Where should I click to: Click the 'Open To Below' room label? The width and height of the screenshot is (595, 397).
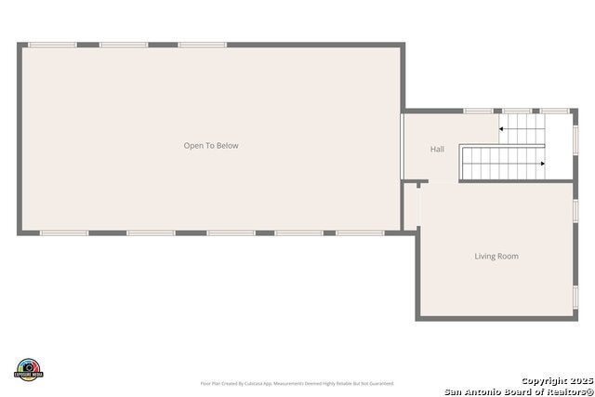coord(211,145)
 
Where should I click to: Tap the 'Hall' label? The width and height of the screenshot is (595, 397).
coord(437,149)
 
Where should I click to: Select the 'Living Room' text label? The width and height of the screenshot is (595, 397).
coord(496,256)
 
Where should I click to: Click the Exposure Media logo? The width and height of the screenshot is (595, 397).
coord(29,369)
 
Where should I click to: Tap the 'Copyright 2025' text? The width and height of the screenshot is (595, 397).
coord(556,380)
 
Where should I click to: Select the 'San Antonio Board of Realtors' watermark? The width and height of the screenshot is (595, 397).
coord(519,390)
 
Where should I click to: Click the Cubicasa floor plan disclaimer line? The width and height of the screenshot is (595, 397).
coord(297,383)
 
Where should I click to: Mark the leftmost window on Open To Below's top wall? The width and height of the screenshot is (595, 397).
coord(52,45)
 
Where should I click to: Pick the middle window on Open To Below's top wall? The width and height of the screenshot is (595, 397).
coord(124,45)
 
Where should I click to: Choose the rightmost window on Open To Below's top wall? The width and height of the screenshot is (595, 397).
coord(203,45)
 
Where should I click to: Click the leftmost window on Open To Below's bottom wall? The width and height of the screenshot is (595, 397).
coord(64,232)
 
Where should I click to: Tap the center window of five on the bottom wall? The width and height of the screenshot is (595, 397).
coord(231,232)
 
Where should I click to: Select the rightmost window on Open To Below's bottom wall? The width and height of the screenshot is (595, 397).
coord(360,232)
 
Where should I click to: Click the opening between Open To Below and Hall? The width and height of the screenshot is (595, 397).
coord(402,145)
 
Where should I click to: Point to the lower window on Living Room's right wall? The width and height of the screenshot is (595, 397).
coord(575,297)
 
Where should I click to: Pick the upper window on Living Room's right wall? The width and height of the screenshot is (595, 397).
coord(575,211)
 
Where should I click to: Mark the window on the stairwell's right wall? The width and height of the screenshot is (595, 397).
coord(575,138)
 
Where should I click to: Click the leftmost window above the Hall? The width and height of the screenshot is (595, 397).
coord(478,111)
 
